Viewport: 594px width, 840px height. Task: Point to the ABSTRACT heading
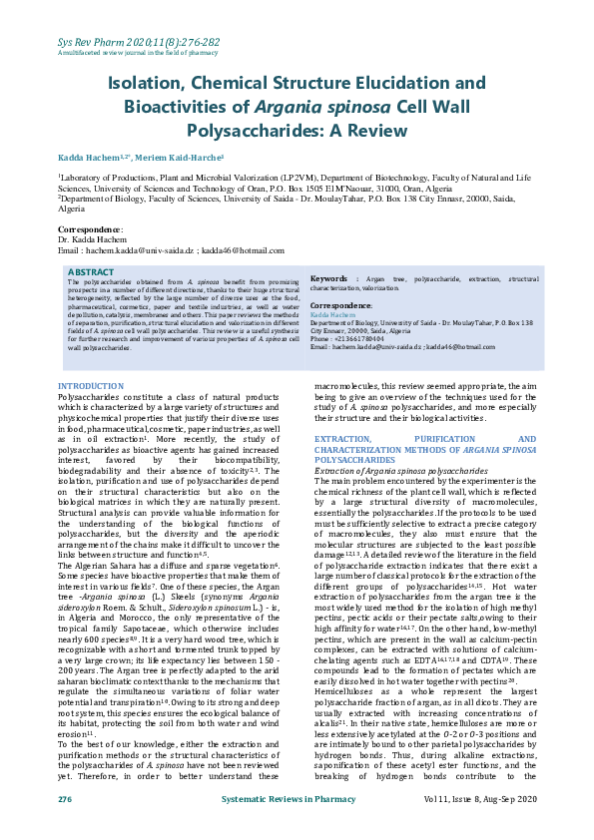[90, 271]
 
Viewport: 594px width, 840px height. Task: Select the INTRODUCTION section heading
[91, 385]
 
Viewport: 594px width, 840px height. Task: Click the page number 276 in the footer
[65, 800]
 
